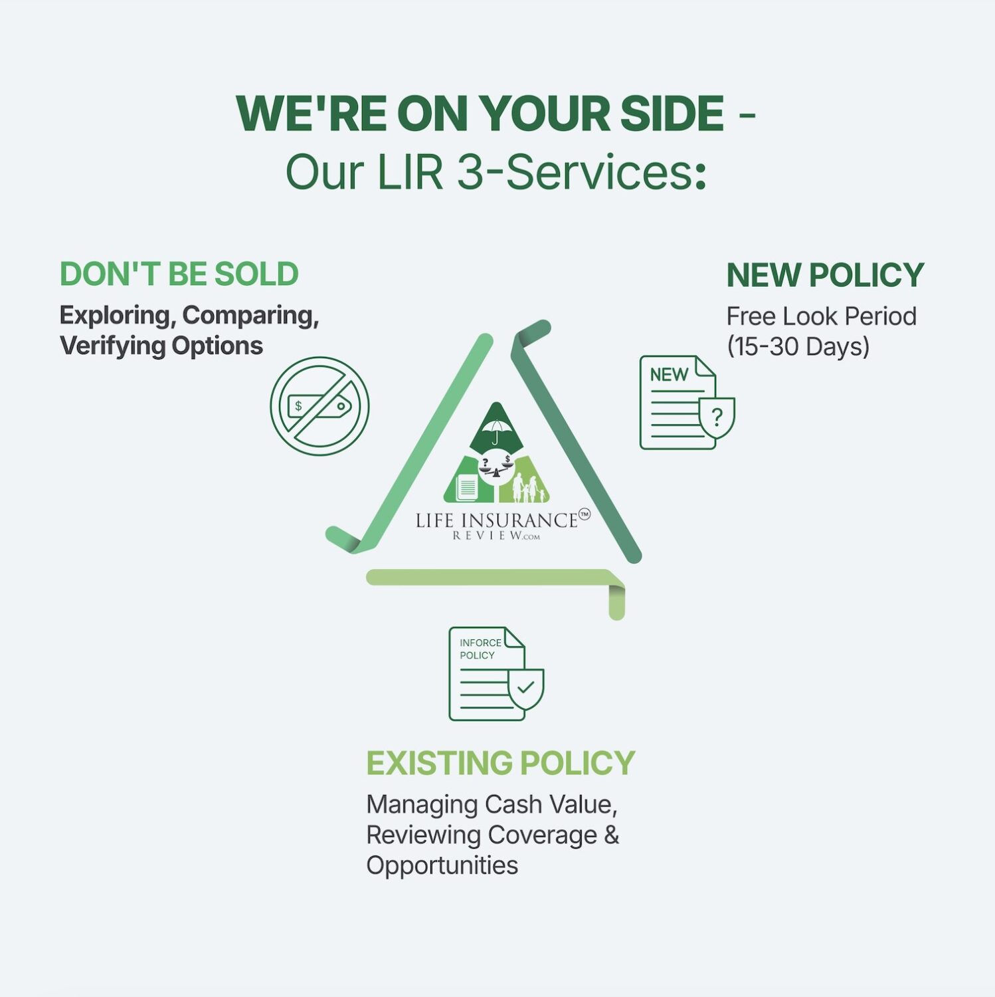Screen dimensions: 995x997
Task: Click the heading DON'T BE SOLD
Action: click(179, 274)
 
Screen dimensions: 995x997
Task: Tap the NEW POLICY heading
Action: click(825, 275)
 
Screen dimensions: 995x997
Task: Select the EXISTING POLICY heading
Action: click(501, 763)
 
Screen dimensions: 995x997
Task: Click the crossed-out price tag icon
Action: click(319, 406)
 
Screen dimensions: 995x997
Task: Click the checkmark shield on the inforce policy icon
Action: click(526, 689)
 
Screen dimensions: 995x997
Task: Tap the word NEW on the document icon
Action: click(669, 375)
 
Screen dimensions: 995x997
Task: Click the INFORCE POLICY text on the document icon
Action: click(480, 649)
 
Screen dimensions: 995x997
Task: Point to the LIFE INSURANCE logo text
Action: click(497, 520)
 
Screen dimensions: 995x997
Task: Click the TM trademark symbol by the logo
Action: click(585, 514)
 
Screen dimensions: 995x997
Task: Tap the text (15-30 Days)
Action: click(798, 346)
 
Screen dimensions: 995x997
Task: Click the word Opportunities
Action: click(442, 865)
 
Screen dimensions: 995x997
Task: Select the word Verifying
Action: click(112, 346)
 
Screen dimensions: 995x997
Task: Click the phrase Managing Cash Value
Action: click(492, 804)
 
